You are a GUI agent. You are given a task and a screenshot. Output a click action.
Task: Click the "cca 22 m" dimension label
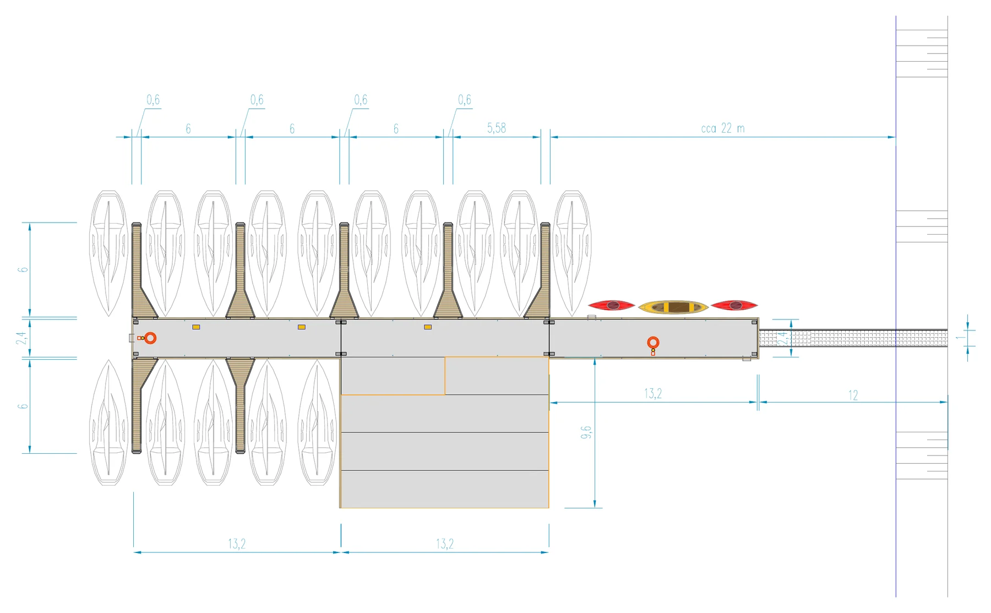(x=722, y=128)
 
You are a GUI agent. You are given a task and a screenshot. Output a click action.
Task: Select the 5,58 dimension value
(x=496, y=128)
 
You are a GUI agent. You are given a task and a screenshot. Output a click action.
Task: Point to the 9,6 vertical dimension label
(x=586, y=432)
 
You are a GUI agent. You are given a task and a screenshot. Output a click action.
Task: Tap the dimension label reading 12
(x=853, y=395)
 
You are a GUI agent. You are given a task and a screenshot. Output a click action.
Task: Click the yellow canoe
(x=673, y=307)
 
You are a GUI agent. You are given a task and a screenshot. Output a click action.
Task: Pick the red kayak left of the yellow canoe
(x=612, y=305)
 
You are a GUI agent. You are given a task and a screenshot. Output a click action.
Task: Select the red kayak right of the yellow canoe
(x=734, y=305)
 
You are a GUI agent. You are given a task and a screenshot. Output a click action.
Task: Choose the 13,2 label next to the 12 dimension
(x=653, y=394)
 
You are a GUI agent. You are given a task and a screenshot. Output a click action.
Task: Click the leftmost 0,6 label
(x=153, y=100)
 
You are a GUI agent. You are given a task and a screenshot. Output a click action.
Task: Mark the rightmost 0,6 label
(x=465, y=100)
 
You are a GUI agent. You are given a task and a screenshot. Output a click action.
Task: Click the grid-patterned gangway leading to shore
(x=853, y=338)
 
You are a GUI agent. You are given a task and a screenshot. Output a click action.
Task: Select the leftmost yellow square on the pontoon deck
(x=196, y=327)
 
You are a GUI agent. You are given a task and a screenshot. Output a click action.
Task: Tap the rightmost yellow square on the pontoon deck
(x=428, y=327)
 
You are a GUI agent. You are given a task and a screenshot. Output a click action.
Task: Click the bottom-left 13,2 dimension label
(x=237, y=544)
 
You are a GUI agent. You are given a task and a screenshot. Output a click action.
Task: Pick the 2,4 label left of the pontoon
(x=22, y=338)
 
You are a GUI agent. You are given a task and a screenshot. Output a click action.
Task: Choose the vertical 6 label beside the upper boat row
(x=23, y=269)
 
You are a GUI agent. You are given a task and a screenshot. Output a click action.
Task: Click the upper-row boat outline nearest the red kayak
(x=572, y=253)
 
